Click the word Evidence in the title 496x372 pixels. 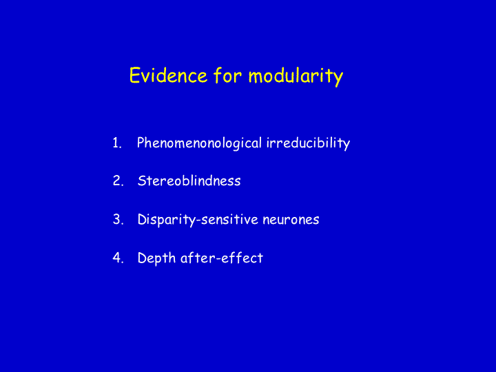[x=168, y=75]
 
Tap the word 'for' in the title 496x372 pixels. [x=227, y=75]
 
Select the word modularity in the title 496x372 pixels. [x=296, y=76]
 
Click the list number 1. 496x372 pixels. [x=117, y=143]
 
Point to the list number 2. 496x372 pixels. [x=118, y=181]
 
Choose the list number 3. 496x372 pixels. [x=118, y=220]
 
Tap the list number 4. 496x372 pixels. [x=118, y=258]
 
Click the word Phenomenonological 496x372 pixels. [x=199, y=143]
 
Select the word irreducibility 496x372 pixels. [x=308, y=143]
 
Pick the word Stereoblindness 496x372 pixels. [x=189, y=180]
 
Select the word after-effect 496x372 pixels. [x=222, y=258]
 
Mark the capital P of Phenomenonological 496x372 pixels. [x=141, y=143]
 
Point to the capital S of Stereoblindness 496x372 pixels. [x=142, y=181]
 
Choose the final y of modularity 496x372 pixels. [x=338, y=79]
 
